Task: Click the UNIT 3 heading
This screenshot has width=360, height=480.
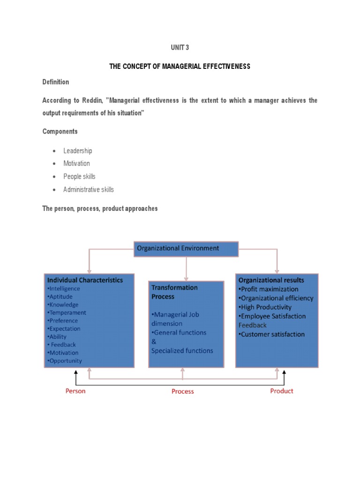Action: coord(180,47)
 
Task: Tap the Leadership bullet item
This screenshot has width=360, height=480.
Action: coord(78,150)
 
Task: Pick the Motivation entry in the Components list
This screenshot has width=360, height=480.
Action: coord(76,164)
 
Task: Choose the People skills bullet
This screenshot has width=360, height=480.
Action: coord(79,177)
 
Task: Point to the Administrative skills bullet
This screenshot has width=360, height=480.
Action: coord(89,190)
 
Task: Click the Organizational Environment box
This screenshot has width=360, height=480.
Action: coord(186,249)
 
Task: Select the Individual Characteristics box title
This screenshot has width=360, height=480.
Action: coord(85,280)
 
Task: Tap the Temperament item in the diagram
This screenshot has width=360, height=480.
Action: coord(67,313)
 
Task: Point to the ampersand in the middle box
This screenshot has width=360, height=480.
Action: coord(154,342)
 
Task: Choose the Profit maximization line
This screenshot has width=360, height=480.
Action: coord(268,289)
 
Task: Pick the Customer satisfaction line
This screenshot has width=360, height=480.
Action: coord(271,334)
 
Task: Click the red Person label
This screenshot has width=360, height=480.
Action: coord(75,391)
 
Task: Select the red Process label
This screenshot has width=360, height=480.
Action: coord(182,391)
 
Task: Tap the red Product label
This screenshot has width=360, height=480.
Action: coord(282,391)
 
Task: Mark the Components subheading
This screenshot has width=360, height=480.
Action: coord(60,131)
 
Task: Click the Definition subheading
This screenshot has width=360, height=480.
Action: coord(56,82)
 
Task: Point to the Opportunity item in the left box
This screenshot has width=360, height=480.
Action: coord(65,361)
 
